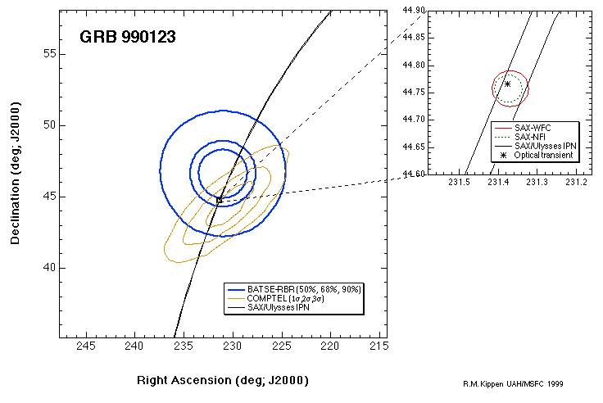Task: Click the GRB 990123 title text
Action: [x=127, y=37]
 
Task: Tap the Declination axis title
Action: [x=16, y=174]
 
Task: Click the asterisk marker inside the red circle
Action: [x=507, y=84]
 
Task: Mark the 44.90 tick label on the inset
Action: [x=414, y=10]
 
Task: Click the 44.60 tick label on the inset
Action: [x=414, y=174]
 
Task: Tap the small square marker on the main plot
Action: [x=219, y=199]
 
